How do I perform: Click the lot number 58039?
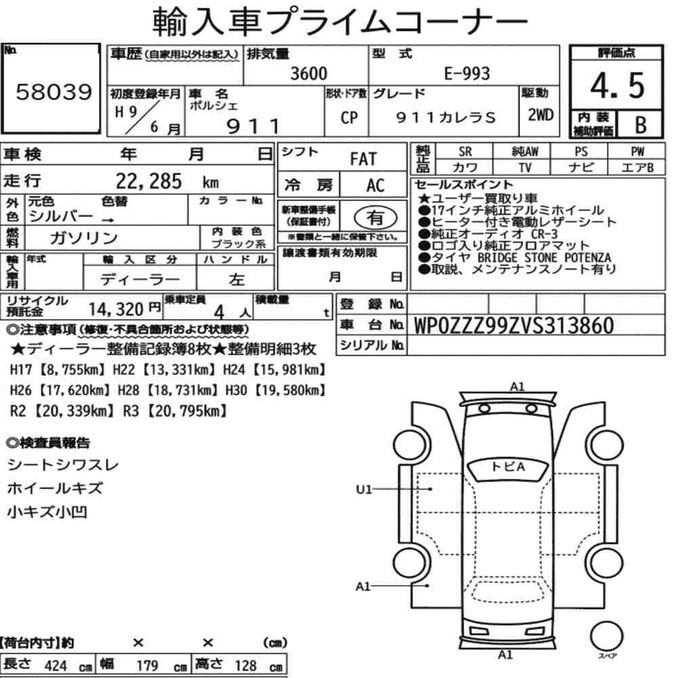coord(54,92)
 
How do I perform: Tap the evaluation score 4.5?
coord(617,85)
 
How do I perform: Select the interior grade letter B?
coord(641,125)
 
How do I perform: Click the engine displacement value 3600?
coord(308,73)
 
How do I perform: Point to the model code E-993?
coord(467,73)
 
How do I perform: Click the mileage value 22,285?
coord(148,181)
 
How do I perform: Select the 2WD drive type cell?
coord(540,115)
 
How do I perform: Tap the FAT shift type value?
coord(363,159)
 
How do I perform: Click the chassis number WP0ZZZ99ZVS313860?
coord(514,325)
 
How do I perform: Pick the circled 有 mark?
coord(376,217)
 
